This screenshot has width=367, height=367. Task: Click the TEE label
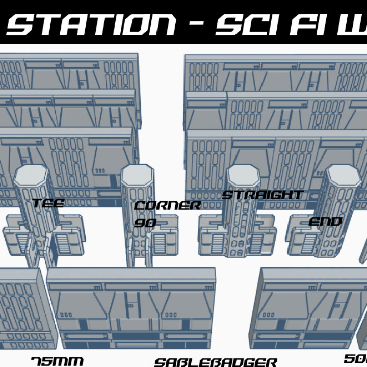(x=48, y=204)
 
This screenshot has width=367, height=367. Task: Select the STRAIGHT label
(x=263, y=195)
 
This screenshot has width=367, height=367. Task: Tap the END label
(x=325, y=222)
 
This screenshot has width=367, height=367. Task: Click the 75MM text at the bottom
(x=57, y=361)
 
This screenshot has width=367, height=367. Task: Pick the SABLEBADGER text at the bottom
(x=216, y=362)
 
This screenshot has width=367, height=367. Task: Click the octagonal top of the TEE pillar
(x=31, y=173)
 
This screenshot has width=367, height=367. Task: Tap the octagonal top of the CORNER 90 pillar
(x=138, y=173)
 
